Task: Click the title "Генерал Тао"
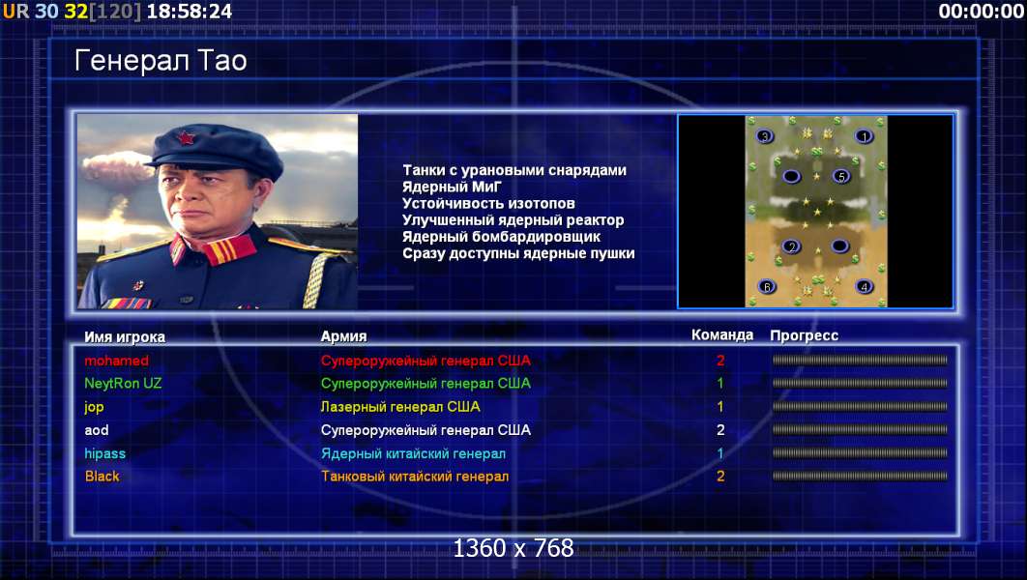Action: click(x=161, y=61)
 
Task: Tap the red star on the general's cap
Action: click(x=186, y=138)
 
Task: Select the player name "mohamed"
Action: click(x=117, y=361)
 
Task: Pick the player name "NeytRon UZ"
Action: click(x=123, y=384)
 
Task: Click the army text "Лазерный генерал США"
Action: click(x=400, y=407)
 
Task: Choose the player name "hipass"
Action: click(x=104, y=453)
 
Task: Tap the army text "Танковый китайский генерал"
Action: click(x=415, y=477)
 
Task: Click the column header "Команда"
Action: click(x=722, y=335)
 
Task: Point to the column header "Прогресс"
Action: click(x=804, y=335)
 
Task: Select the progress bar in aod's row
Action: click(x=860, y=430)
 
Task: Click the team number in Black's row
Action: click(x=720, y=477)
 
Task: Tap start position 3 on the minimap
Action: click(x=764, y=137)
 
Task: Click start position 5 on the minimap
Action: click(x=841, y=176)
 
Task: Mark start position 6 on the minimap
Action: click(x=767, y=287)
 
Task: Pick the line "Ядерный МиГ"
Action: click(x=452, y=188)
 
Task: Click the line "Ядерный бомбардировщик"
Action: click(x=501, y=237)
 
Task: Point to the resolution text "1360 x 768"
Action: click(x=513, y=548)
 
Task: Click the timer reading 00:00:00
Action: click(x=981, y=12)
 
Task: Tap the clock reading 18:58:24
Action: click(x=190, y=12)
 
